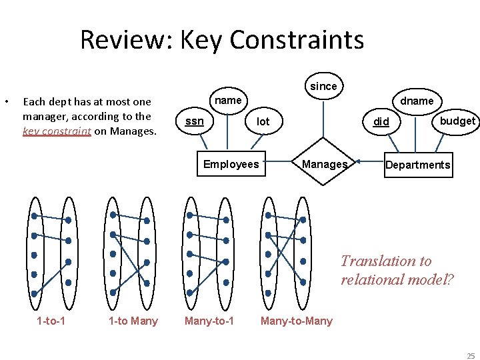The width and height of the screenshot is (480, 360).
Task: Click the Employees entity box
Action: pos(231,164)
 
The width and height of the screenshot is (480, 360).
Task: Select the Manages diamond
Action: pos(324,164)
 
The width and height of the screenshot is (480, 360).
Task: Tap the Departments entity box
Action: pos(418,165)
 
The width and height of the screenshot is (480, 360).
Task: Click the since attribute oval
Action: pos(324,86)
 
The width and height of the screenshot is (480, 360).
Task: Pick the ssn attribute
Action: pos(194,121)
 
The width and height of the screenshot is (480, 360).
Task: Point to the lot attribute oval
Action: pos(263,121)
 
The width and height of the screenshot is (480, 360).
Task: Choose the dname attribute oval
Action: pos(417,101)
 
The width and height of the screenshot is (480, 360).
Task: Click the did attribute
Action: pos(381,121)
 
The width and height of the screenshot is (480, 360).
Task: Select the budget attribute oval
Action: pos(457,121)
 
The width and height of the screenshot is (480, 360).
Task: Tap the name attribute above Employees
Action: pos(229,101)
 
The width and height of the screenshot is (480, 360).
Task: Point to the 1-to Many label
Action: pos(133,321)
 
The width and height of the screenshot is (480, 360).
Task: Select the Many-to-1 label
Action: pos(209,321)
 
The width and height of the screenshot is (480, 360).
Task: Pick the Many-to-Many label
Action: pos(296,321)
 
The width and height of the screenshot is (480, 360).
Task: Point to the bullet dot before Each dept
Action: pos(6,102)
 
